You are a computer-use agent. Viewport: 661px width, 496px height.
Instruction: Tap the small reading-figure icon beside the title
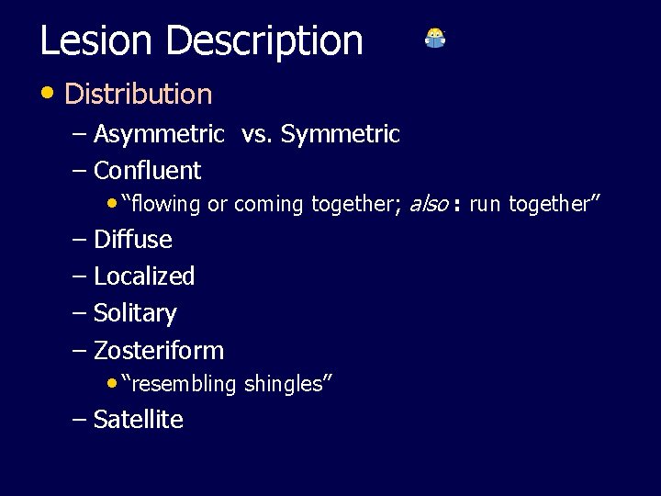pyautogui.click(x=435, y=39)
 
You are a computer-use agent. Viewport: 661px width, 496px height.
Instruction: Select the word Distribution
pyautogui.click(x=139, y=94)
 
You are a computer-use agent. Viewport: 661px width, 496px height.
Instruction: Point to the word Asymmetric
pyautogui.click(x=159, y=135)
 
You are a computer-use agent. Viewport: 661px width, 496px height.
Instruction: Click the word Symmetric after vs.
pyautogui.click(x=341, y=135)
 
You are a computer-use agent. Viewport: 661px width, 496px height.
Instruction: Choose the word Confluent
pyautogui.click(x=147, y=171)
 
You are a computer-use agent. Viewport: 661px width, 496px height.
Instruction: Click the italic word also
pyautogui.click(x=428, y=204)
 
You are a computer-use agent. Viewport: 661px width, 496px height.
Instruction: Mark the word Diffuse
pyautogui.click(x=133, y=240)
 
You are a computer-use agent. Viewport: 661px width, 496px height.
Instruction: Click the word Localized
pyautogui.click(x=144, y=276)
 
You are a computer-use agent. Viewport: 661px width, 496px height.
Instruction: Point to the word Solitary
pyautogui.click(x=135, y=313)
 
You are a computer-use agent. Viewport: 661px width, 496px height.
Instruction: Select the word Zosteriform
pyautogui.click(x=159, y=351)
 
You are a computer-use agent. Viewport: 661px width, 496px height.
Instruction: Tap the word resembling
pyautogui.click(x=183, y=385)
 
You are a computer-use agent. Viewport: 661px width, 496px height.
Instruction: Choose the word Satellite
pyautogui.click(x=139, y=420)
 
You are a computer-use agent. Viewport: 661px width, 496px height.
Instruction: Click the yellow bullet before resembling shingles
pyautogui.click(x=112, y=382)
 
